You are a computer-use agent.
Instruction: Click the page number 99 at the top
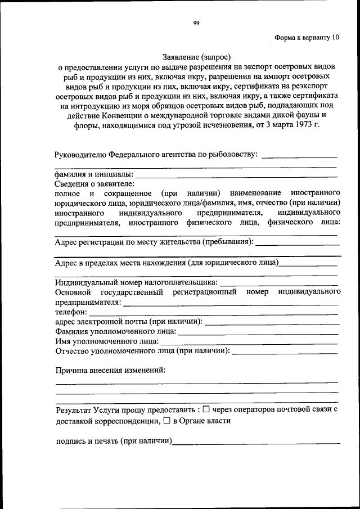click(196, 22)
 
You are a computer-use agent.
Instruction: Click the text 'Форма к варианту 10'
click(307, 38)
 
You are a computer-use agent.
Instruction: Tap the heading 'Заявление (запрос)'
click(197, 57)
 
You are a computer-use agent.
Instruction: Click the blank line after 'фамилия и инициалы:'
click(236, 175)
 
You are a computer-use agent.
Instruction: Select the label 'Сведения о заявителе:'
click(94, 184)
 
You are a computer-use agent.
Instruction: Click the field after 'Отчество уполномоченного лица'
click(284, 353)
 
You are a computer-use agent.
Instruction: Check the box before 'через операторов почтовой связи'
click(206, 410)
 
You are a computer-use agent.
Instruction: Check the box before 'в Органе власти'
click(166, 420)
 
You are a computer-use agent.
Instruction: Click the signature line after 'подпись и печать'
click(256, 443)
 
